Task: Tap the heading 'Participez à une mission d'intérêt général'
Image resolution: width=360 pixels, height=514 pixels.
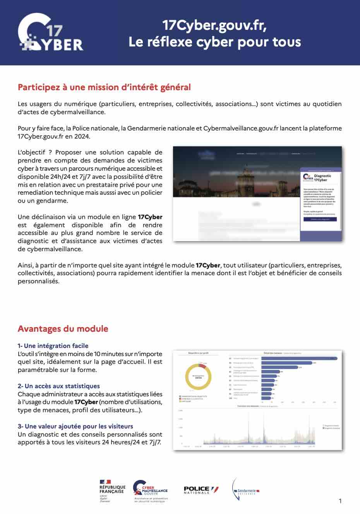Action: tap(104, 87)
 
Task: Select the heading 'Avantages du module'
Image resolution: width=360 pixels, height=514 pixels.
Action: tap(63, 329)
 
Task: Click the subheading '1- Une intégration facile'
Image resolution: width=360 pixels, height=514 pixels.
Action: tap(53, 346)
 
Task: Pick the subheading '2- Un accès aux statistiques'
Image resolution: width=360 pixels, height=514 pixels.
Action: tap(58, 386)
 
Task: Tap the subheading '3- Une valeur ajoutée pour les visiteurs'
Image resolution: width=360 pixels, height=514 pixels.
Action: tap(75, 426)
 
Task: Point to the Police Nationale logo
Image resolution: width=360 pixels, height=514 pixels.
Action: tap(201, 490)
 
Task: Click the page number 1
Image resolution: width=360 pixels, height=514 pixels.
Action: tap(340, 501)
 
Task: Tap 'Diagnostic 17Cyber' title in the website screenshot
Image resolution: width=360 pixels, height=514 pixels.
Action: tap(322, 178)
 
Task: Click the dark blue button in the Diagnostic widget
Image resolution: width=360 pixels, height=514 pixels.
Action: tap(320, 219)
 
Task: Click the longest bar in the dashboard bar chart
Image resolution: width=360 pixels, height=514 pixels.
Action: tap(299, 358)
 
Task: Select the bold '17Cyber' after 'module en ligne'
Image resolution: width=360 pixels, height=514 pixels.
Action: tap(150, 217)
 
